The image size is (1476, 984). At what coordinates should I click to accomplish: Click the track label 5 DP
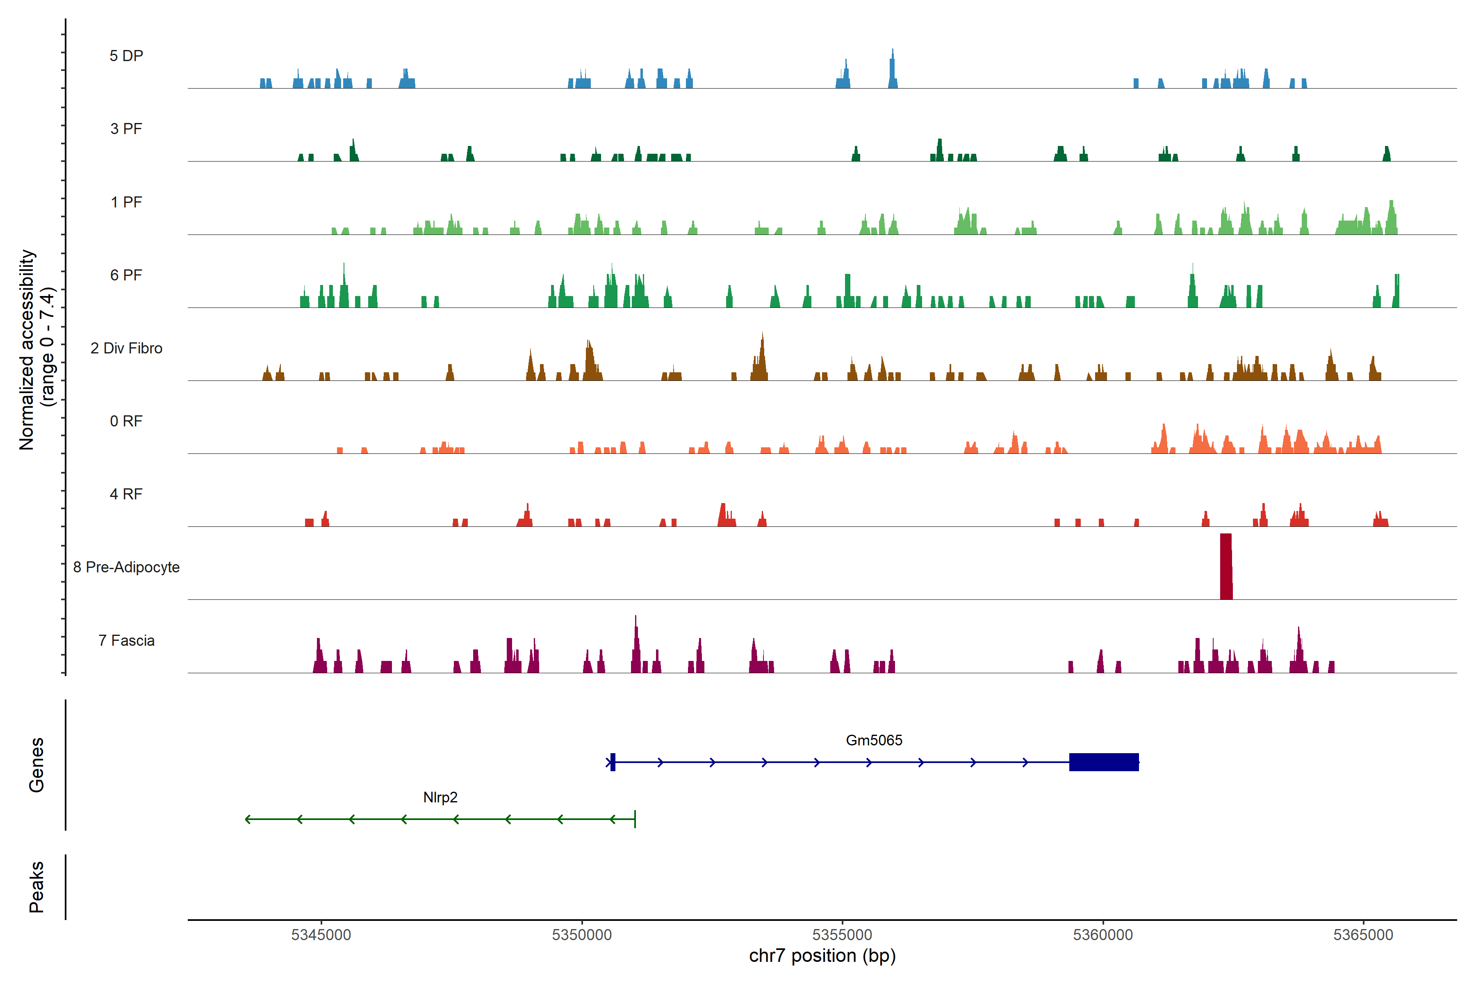tap(126, 56)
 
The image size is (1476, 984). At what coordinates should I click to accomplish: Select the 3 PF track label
tap(126, 129)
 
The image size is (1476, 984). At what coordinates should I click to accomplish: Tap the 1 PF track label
tap(126, 202)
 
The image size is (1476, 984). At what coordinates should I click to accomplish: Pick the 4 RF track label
tap(126, 494)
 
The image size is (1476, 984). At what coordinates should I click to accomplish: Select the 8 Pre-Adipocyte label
tap(126, 567)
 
